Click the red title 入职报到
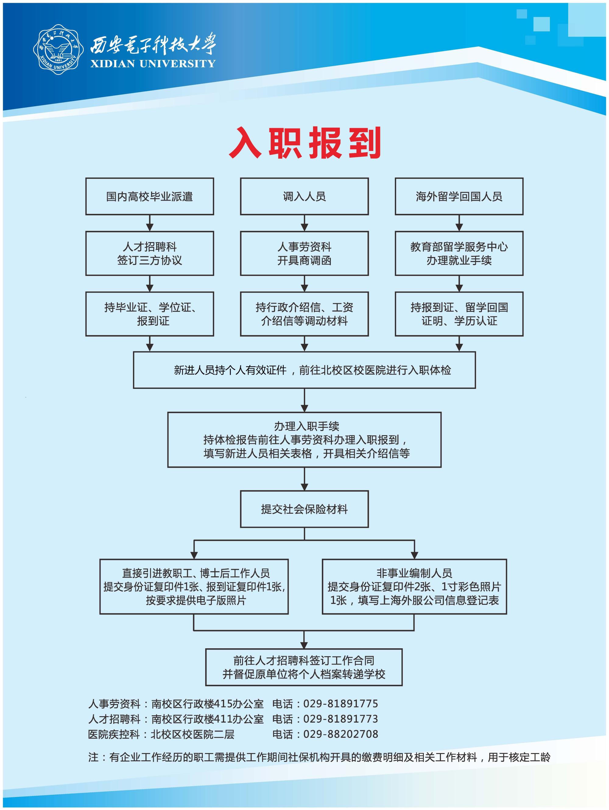[305, 143]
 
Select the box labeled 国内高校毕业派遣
[150, 196]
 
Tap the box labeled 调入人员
[304, 196]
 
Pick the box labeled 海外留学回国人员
[459, 196]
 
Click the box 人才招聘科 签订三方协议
[150, 253]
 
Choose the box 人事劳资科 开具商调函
[304, 253]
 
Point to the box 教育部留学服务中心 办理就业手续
[459, 253]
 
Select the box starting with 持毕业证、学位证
[150, 314]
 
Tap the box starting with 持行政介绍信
[304, 314]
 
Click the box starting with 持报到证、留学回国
[459, 314]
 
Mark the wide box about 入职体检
[304, 370]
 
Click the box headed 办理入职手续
[304, 439]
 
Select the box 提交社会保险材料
[304, 509]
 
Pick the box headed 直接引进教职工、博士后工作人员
[194, 586]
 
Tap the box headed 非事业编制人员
[414, 586]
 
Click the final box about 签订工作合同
[304, 667]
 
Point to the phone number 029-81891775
[340, 703]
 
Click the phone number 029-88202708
[340, 734]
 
